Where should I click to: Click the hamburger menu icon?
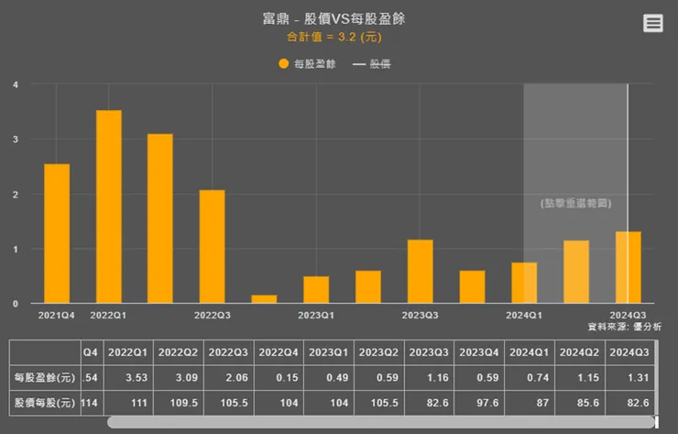tap(652, 24)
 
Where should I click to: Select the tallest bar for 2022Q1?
tap(108, 206)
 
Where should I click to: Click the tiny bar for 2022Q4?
tap(264, 298)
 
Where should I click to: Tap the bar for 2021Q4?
tap(57, 233)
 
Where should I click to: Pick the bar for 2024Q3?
tap(628, 267)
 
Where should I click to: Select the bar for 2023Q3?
tap(420, 271)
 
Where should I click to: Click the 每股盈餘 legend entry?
tap(308, 64)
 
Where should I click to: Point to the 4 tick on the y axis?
tap(16, 84)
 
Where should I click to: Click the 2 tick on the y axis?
tap(16, 195)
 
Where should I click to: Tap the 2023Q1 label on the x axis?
tap(315, 316)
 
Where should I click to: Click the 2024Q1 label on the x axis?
tap(523, 316)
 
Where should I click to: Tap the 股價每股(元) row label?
tap(43, 402)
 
